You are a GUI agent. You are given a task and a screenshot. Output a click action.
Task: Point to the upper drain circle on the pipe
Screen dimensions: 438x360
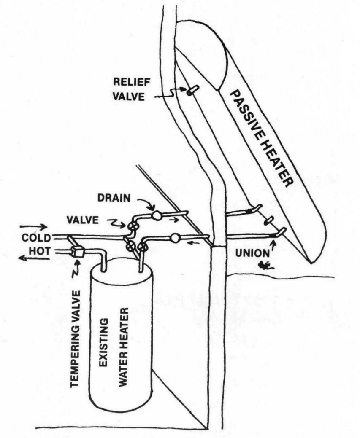point(157,215)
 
